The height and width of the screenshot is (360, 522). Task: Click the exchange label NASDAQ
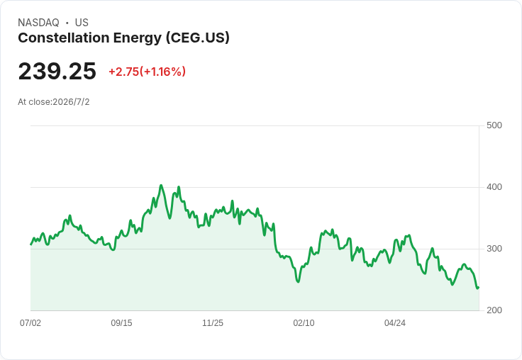point(38,23)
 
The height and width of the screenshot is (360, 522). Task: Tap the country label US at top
point(82,23)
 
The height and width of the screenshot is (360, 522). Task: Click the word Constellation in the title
point(64,38)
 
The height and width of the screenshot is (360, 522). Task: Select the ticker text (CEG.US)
point(198,38)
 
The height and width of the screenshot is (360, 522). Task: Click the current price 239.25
point(57,71)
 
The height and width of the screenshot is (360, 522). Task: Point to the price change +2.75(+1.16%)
point(147,72)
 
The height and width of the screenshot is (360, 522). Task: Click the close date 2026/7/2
point(71,102)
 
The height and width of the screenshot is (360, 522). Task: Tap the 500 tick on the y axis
point(494,125)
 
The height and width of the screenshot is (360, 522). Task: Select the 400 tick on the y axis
point(494,187)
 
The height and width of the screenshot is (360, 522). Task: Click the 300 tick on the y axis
point(494,249)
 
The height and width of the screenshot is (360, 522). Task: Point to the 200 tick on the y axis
point(494,310)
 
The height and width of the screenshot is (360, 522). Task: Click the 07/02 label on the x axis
point(30,322)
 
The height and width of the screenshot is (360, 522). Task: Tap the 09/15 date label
point(121,322)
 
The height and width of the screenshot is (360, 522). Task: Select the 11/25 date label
point(213,322)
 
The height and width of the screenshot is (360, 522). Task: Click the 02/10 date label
point(304,322)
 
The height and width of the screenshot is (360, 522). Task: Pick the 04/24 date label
point(395,322)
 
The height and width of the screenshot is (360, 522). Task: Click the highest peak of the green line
point(161,186)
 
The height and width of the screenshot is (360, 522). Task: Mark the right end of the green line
point(479,288)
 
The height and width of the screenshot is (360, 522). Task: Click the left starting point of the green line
point(31,244)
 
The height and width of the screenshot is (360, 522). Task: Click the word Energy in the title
point(138,38)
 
